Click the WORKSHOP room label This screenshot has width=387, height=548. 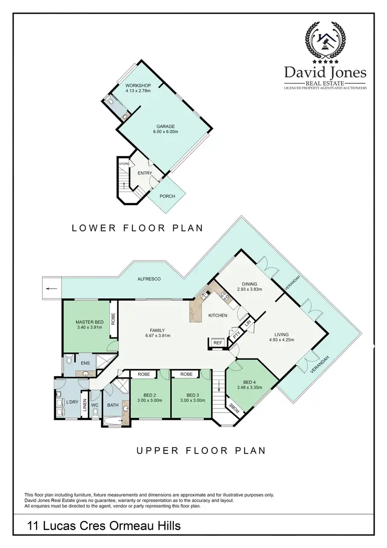click(138, 85)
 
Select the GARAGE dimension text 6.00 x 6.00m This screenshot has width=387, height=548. click(167, 132)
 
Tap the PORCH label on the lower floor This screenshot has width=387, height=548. click(167, 196)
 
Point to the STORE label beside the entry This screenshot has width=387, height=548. click(124, 164)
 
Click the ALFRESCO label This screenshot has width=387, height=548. click(150, 279)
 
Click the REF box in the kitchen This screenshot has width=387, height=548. click(217, 342)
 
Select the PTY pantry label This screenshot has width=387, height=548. click(236, 335)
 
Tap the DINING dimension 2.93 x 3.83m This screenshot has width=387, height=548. click(249, 289)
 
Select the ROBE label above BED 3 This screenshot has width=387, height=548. click(187, 374)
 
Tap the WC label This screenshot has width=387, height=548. click(94, 405)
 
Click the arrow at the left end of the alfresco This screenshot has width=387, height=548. click(50, 288)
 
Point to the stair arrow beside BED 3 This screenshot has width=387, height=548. click(219, 385)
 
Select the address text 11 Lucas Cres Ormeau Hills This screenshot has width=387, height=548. click(104, 526)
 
